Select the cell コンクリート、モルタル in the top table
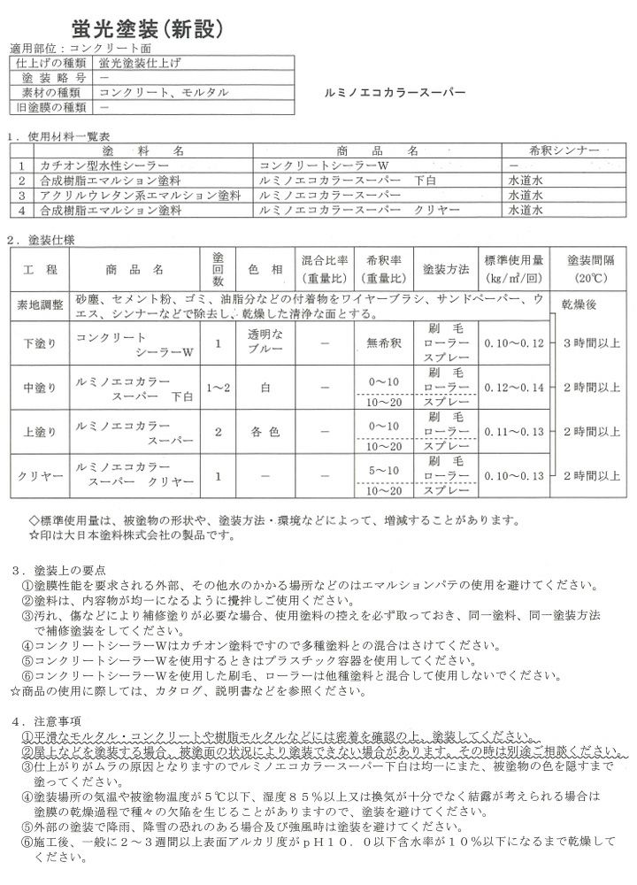pos(164,92)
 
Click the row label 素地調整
pos(40,305)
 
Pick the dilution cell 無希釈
pos(382,342)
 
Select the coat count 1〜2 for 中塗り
pos(218,387)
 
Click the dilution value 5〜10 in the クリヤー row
pos(382,470)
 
